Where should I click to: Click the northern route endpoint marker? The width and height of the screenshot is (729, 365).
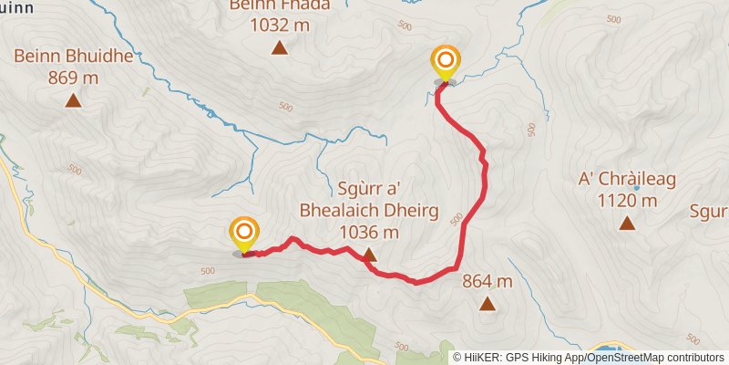click(446, 63)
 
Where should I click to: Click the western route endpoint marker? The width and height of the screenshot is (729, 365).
click(244, 234)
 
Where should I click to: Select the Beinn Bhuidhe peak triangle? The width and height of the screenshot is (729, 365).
click(73, 100)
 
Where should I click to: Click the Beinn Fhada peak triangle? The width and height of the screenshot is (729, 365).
click(280, 48)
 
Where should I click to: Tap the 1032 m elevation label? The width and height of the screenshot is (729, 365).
click(280, 26)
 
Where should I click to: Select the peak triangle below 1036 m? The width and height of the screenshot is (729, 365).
click(369, 255)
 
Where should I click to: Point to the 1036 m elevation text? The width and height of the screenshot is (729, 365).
click(369, 233)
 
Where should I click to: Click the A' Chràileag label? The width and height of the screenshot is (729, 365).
click(627, 180)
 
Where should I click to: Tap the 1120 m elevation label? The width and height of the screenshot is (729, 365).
click(627, 201)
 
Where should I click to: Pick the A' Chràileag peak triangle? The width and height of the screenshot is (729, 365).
click(627, 224)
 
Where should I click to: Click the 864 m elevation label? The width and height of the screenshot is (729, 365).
click(488, 281)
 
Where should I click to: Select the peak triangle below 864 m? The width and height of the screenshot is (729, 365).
click(488, 304)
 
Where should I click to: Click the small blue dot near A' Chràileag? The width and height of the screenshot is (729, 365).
click(637, 163)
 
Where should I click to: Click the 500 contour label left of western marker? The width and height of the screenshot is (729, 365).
click(207, 270)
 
